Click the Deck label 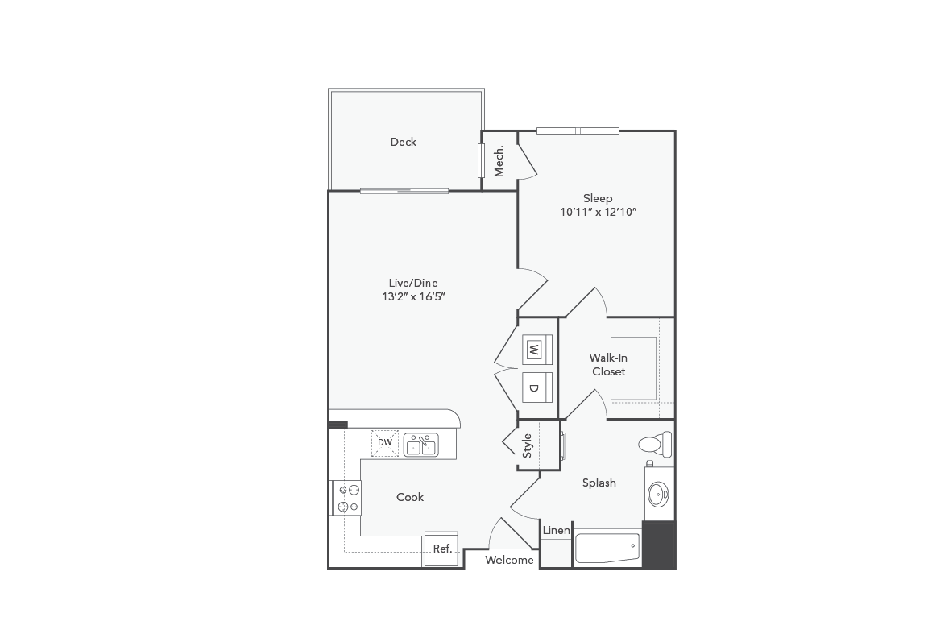pos(404,142)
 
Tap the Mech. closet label pos(499,161)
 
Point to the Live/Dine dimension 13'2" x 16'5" pos(413,296)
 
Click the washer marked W pos(533,350)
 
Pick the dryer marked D pos(533,387)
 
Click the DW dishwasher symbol pos(385,442)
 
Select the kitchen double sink pos(420,444)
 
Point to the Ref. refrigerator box pos(441,549)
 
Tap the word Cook pos(410,497)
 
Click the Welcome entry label pos(509,560)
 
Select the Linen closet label pos(557,530)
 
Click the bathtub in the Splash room pos(607,549)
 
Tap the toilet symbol pos(654,444)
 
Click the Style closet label pos(528,445)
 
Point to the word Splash pos(599,483)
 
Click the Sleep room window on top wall pos(578,130)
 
